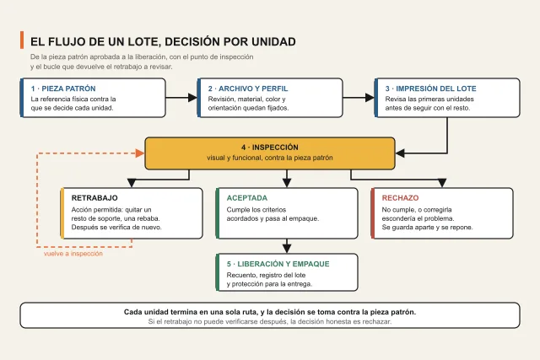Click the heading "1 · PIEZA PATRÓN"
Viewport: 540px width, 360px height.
63,89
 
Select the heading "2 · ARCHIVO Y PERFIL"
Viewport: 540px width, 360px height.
248,89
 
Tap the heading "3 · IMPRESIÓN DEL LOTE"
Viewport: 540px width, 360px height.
431,89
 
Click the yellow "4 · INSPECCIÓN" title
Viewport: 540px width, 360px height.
270,148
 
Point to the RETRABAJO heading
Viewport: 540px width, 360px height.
94,198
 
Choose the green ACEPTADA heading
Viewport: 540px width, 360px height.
247,198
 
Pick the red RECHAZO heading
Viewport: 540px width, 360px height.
400,198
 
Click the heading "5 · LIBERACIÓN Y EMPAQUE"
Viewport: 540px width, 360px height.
278,264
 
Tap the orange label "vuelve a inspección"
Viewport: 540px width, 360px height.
73,254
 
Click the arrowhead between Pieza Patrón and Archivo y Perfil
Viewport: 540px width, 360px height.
192,98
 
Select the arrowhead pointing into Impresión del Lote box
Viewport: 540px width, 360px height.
370,98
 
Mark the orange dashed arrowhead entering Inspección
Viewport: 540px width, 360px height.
140,153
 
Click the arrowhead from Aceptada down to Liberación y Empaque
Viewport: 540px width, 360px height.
287,249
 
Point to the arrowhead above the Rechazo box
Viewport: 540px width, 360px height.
442,183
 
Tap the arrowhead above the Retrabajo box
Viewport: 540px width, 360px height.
132,183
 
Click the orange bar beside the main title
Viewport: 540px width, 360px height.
22,40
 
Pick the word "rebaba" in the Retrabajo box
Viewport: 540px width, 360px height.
148,218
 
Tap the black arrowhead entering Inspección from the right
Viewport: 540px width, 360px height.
400,153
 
